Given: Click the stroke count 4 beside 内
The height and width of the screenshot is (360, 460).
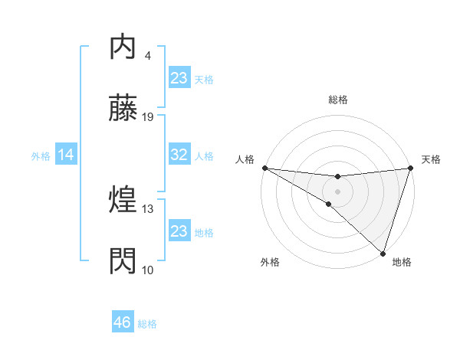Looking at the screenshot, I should [x=148, y=56].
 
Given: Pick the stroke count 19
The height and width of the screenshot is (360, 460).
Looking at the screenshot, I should [x=149, y=117].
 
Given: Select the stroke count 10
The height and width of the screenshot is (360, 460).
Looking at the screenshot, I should [x=149, y=270].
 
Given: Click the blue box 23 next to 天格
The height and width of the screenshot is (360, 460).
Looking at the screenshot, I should [x=179, y=78].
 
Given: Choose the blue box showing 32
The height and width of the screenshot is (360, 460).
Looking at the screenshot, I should [x=179, y=155].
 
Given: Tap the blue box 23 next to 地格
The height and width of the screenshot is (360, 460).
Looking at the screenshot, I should [x=179, y=231].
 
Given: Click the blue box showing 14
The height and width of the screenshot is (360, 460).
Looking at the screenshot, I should [x=66, y=155].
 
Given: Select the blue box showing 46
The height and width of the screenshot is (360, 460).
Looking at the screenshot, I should [x=123, y=322].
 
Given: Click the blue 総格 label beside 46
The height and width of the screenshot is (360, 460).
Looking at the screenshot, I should [x=147, y=324].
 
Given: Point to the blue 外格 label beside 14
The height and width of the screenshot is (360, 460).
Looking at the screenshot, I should [x=41, y=155].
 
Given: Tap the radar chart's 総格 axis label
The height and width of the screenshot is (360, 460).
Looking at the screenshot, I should [x=338, y=100].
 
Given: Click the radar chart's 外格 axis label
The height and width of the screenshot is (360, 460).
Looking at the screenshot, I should [x=270, y=262].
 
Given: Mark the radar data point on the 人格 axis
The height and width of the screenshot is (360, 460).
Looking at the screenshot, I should [x=264, y=167].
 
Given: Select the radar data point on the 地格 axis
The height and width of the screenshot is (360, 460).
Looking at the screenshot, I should [x=383, y=254].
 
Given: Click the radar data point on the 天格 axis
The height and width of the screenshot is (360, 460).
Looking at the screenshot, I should [x=410, y=168].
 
